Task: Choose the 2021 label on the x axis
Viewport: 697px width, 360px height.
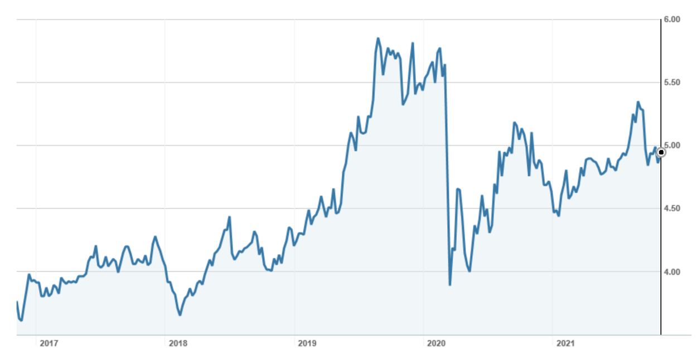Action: point(565,343)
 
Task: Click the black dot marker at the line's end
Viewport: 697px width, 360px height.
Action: point(661,152)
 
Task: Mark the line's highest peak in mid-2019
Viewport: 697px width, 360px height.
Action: point(378,38)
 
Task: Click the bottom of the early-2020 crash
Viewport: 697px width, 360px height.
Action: point(450,285)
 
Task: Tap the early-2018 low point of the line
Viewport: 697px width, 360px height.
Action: point(180,315)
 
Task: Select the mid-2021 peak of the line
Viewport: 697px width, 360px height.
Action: point(638,102)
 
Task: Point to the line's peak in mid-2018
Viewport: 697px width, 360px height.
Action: point(229,217)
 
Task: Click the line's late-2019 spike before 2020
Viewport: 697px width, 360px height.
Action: point(413,43)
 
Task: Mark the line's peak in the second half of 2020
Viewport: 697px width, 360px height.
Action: point(514,122)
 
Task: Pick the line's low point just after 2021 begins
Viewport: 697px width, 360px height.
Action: point(558,216)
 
